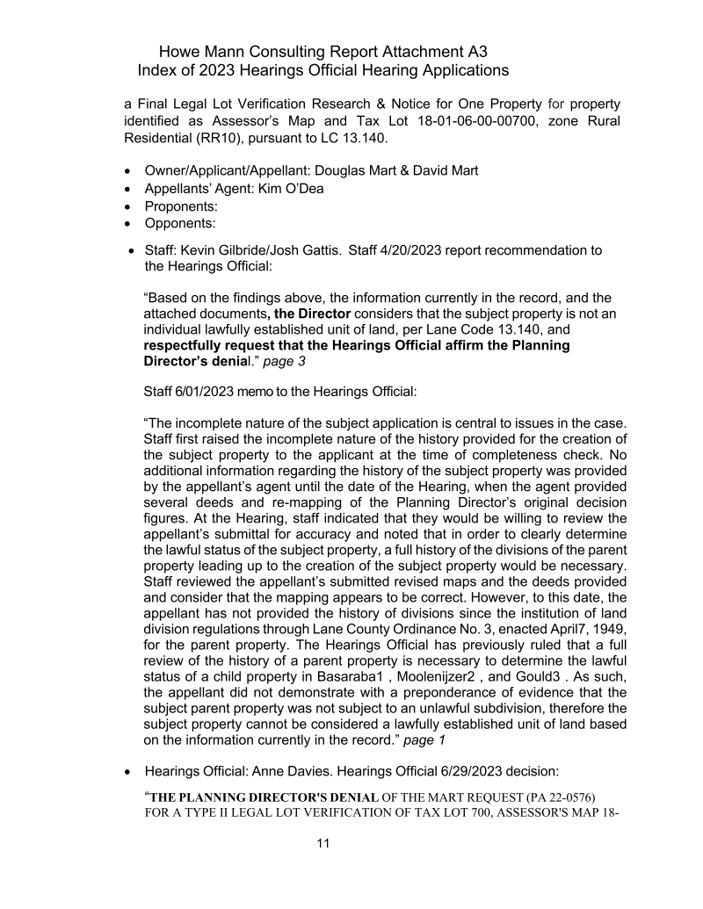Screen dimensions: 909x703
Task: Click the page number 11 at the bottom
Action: click(323, 845)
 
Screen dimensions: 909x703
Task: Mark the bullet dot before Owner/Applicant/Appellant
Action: click(130, 171)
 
